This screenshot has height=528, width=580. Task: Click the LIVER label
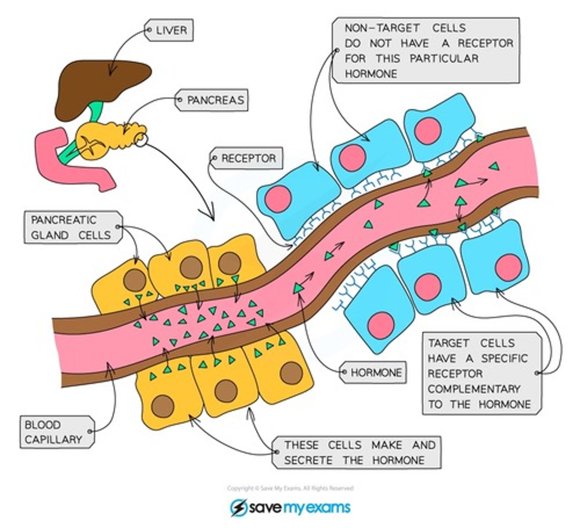click(171, 30)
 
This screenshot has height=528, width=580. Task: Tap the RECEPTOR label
click(248, 158)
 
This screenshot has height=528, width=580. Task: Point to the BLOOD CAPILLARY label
click(54, 432)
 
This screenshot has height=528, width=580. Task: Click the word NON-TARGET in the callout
click(375, 28)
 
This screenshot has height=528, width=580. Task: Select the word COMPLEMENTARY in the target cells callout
click(474, 389)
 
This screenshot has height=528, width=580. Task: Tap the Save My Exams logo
click(290, 508)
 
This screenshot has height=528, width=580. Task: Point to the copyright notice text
click(290, 488)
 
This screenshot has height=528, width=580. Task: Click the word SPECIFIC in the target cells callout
click(504, 358)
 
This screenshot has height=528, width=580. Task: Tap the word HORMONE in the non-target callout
click(371, 73)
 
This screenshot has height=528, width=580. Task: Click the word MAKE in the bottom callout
click(386, 445)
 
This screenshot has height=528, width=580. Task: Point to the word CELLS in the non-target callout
click(448, 28)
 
